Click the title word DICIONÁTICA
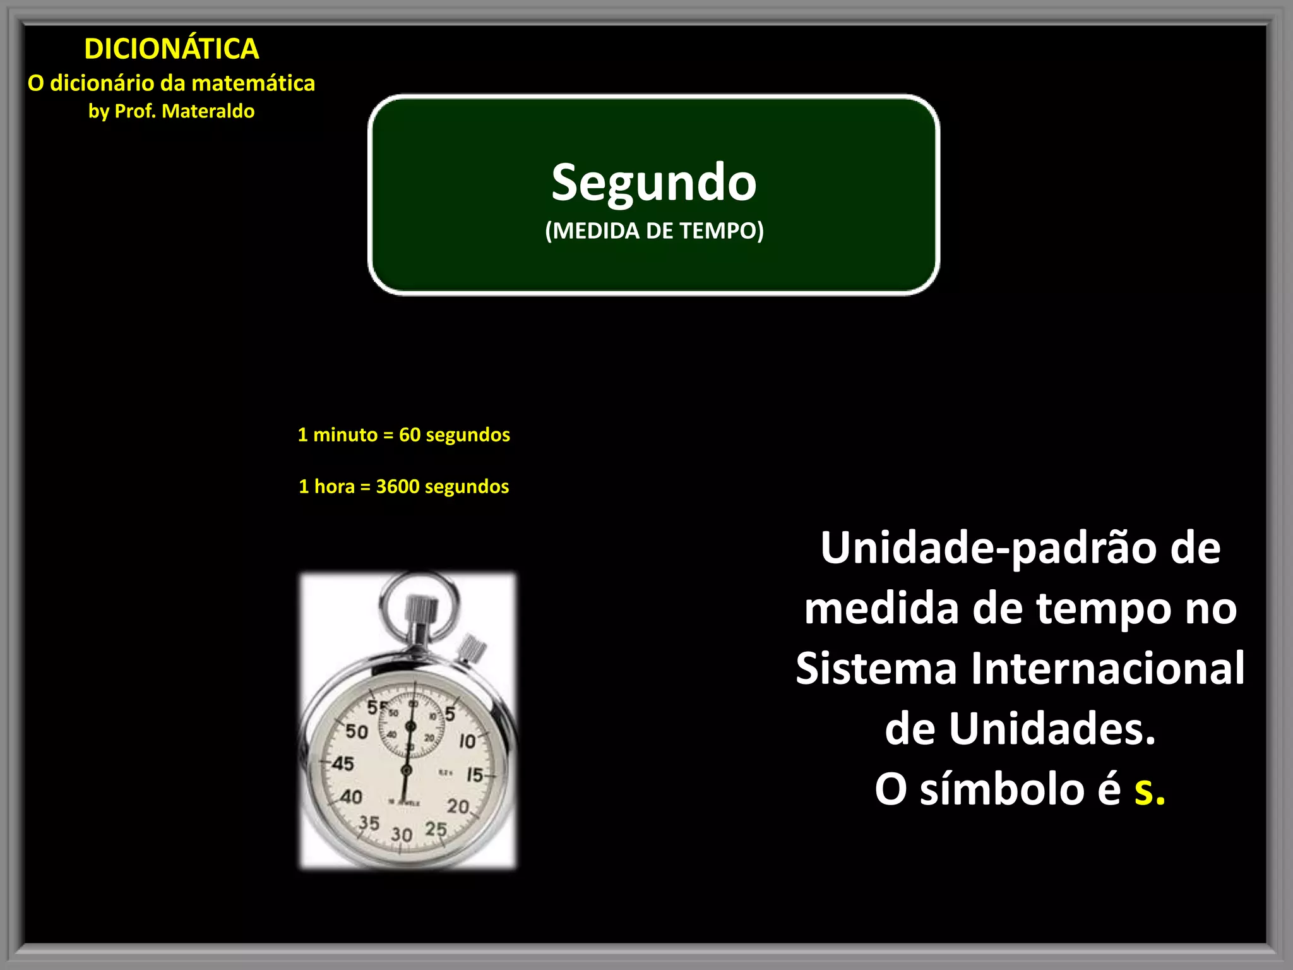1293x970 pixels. (x=171, y=49)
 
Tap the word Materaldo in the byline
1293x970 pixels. (x=208, y=111)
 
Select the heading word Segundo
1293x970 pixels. (x=653, y=182)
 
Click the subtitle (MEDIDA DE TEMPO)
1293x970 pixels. (x=654, y=231)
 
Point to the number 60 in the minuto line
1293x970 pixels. (x=410, y=434)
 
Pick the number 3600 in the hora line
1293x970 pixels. (x=398, y=486)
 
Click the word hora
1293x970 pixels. (x=334, y=486)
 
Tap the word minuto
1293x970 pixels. (x=345, y=434)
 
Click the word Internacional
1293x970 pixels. (x=1107, y=668)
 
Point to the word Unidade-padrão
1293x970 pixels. (x=991, y=548)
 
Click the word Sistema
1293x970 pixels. (x=876, y=668)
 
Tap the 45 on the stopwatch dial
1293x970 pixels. (x=343, y=763)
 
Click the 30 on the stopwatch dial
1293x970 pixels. (x=402, y=834)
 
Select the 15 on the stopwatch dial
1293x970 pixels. (x=475, y=775)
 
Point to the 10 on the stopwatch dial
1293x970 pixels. (x=467, y=741)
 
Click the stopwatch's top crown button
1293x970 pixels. (x=421, y=609)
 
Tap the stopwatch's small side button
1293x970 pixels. (x=471, y=648)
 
